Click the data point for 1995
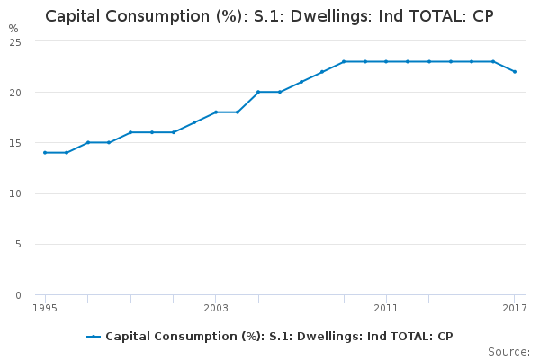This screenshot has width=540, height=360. [45, 152]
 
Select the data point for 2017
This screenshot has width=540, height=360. [515, 71]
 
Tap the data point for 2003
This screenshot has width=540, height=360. [216, 112]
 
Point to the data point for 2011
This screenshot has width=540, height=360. [386, 61]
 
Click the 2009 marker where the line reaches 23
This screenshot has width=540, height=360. [344, 61]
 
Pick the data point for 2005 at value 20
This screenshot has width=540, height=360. [258, 92]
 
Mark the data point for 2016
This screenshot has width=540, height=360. [493, 61]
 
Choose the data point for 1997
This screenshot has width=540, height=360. [88, 142]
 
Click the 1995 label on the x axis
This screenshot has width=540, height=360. [45, 309]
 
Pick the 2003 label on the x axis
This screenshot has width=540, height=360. [216, 309]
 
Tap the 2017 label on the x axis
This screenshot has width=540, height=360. [514, 309]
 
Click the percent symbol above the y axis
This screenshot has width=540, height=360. [13, 29]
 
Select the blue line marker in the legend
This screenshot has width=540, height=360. [94, 337]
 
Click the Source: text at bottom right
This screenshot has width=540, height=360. [508, 351]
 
